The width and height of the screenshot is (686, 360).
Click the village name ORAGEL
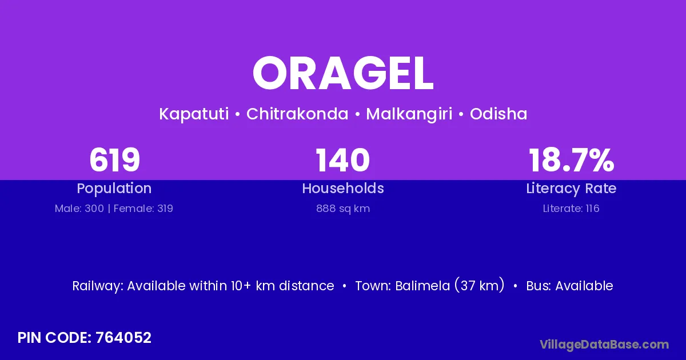343,73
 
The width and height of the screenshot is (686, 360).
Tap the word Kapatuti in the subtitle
194,114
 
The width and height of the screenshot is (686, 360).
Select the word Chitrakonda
297,114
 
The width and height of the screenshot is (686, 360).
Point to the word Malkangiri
409,114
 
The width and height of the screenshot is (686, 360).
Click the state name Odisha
498,114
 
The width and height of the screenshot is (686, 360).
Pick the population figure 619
114,160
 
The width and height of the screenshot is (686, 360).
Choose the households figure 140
342,160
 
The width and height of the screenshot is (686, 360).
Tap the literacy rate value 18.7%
572,160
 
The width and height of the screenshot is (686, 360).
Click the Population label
114,189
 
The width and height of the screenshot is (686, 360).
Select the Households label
343,188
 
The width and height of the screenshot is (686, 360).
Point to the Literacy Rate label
571,189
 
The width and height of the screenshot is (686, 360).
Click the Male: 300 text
79,209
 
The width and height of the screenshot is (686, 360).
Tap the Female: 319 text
143,209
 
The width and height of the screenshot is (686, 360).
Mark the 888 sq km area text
343,209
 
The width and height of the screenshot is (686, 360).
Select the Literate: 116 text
571,209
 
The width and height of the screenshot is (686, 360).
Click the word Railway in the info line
97,286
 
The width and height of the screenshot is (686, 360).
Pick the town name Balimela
422,286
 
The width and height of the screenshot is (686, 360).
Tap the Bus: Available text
569,286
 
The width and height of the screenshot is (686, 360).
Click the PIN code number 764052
123,338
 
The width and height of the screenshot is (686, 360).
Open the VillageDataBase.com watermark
604,345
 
